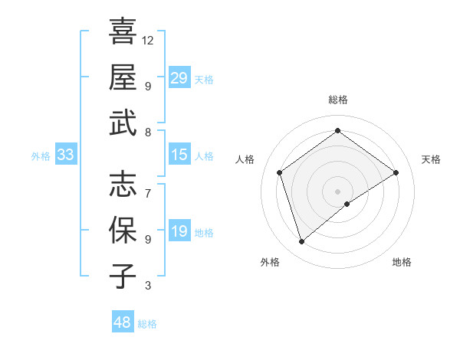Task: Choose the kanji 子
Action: point(123,276)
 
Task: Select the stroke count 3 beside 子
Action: point(148,286)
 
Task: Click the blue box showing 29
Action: point(179,78)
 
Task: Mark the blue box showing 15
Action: point(179,155)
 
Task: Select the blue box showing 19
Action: point(179,231)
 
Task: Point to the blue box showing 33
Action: point(66,155)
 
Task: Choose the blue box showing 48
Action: point(123,322)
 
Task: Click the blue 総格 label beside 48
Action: point(147,324)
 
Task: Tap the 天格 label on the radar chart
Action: point(431,159)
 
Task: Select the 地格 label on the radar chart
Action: point(402,262)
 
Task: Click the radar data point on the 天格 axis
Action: point(396,172)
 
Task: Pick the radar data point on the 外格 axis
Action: point(301,242)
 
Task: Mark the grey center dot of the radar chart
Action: point(337,191)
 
